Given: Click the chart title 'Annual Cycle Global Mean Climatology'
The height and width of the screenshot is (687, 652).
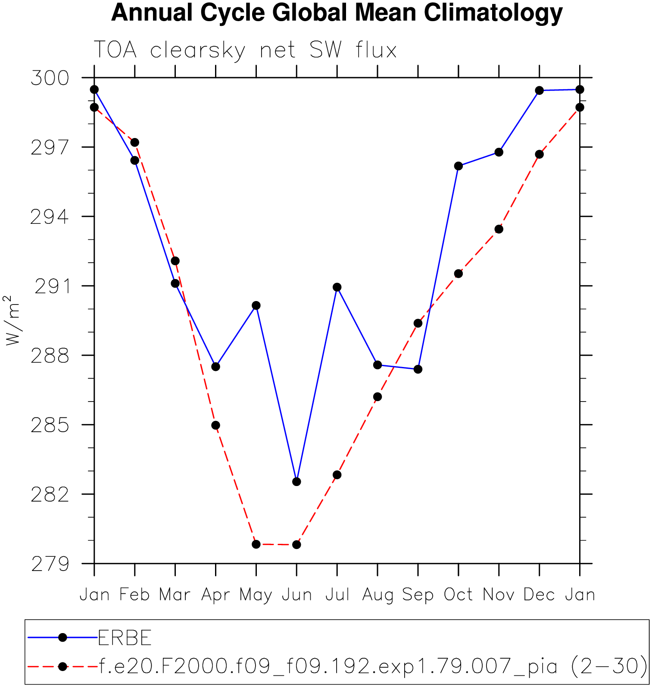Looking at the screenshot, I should click(x=337, y=13).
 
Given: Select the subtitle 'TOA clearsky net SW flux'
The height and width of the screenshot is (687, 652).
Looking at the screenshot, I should click(x=245, y=50).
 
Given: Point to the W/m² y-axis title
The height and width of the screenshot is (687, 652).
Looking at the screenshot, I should click(x=13, y=320).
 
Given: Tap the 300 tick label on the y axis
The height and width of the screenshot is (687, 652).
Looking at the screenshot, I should click(x=50, y=78).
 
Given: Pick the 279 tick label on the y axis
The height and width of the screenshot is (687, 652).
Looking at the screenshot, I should click(x=50, y=564).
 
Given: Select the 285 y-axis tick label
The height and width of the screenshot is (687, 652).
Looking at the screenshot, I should click(x=50, y=425).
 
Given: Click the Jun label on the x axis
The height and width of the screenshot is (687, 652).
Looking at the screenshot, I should click(x=296, y=595).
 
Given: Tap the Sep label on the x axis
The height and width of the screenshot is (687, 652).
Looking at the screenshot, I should click(x=418, y=595).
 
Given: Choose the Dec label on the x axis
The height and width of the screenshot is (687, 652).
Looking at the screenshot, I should click(x=539, y=595).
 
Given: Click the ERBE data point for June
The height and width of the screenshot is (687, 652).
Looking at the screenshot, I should click(x=296, y=482).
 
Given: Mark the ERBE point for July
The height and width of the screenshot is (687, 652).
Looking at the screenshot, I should click(x=337, y=287).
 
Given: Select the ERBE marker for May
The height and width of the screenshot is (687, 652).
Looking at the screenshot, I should click(x=256, y=305).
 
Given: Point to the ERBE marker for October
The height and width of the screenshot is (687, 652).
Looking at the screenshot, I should click(x=458, y=166).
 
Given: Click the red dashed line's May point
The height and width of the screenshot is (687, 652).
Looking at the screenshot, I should click(x=256, y=544).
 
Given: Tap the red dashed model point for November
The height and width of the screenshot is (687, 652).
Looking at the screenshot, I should click(x=499, y=229).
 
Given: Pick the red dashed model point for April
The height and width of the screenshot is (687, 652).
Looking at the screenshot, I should click(x=215, y=425).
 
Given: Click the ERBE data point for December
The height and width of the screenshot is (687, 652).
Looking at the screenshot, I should click(x=539, y=90).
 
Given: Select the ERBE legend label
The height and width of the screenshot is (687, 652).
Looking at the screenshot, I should click(x=125, y=638).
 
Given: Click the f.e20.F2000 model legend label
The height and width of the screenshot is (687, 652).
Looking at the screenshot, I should click(x=373, y=666).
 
